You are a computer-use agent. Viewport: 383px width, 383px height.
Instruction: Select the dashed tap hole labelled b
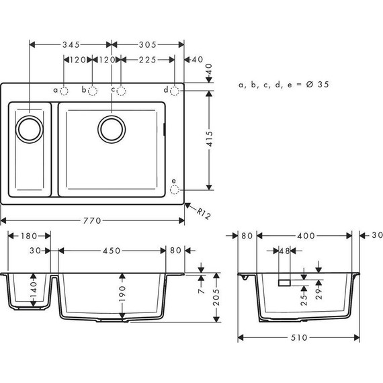[x=93, y=90]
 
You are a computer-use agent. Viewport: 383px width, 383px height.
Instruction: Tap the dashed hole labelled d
[x=175, y=90]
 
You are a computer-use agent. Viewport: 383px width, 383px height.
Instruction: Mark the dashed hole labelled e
[x=175, y=189]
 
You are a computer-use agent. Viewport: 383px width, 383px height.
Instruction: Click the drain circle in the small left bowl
[x=29, y=128]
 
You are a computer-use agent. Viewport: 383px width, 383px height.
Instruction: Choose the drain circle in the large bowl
[x=112, y=128]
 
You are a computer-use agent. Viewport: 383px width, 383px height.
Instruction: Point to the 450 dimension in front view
[x=112, y=250]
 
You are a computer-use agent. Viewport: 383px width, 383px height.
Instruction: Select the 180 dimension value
[x=28, y=236]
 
